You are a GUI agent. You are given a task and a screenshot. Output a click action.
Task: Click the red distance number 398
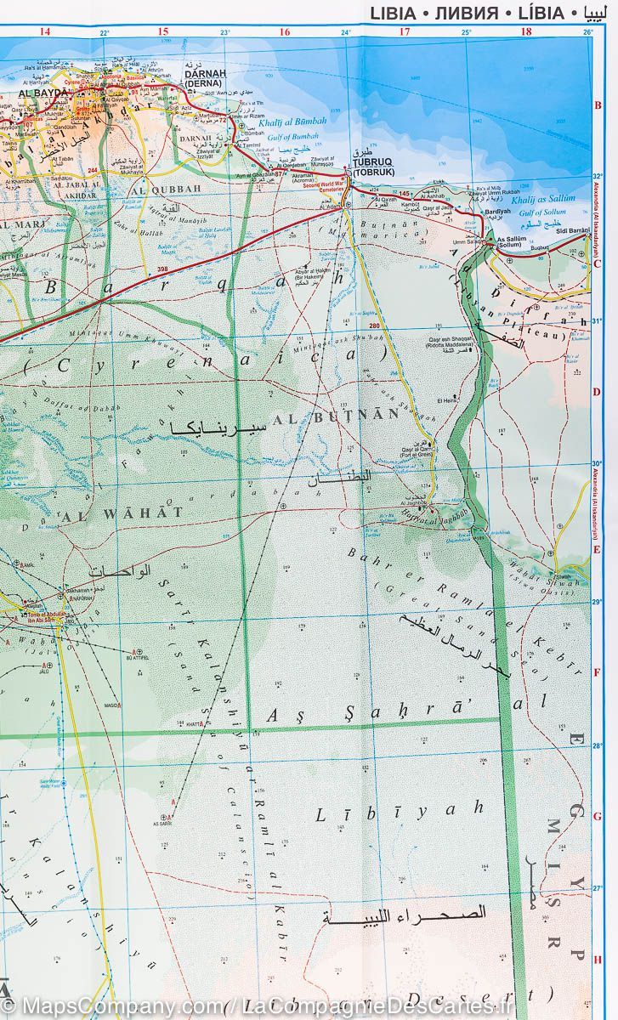pyautogui.click(x=162, y=269)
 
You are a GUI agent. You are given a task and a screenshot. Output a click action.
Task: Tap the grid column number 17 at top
pyautogui.click(x=405, y=31)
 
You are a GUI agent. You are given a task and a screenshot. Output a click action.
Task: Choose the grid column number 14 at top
pyautogui.click(x=45, y=31)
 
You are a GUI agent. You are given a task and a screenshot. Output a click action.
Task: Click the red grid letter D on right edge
pyautogui.click(x=598, y=392)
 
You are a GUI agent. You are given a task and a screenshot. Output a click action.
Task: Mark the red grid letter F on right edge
pyautogui.click(x=598, y=672)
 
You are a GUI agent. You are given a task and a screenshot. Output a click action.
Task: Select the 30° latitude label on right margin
pyautogui.click(x=597, y=464)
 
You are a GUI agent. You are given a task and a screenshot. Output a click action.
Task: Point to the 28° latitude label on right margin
pyautogui.click(x=597, y=746)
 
